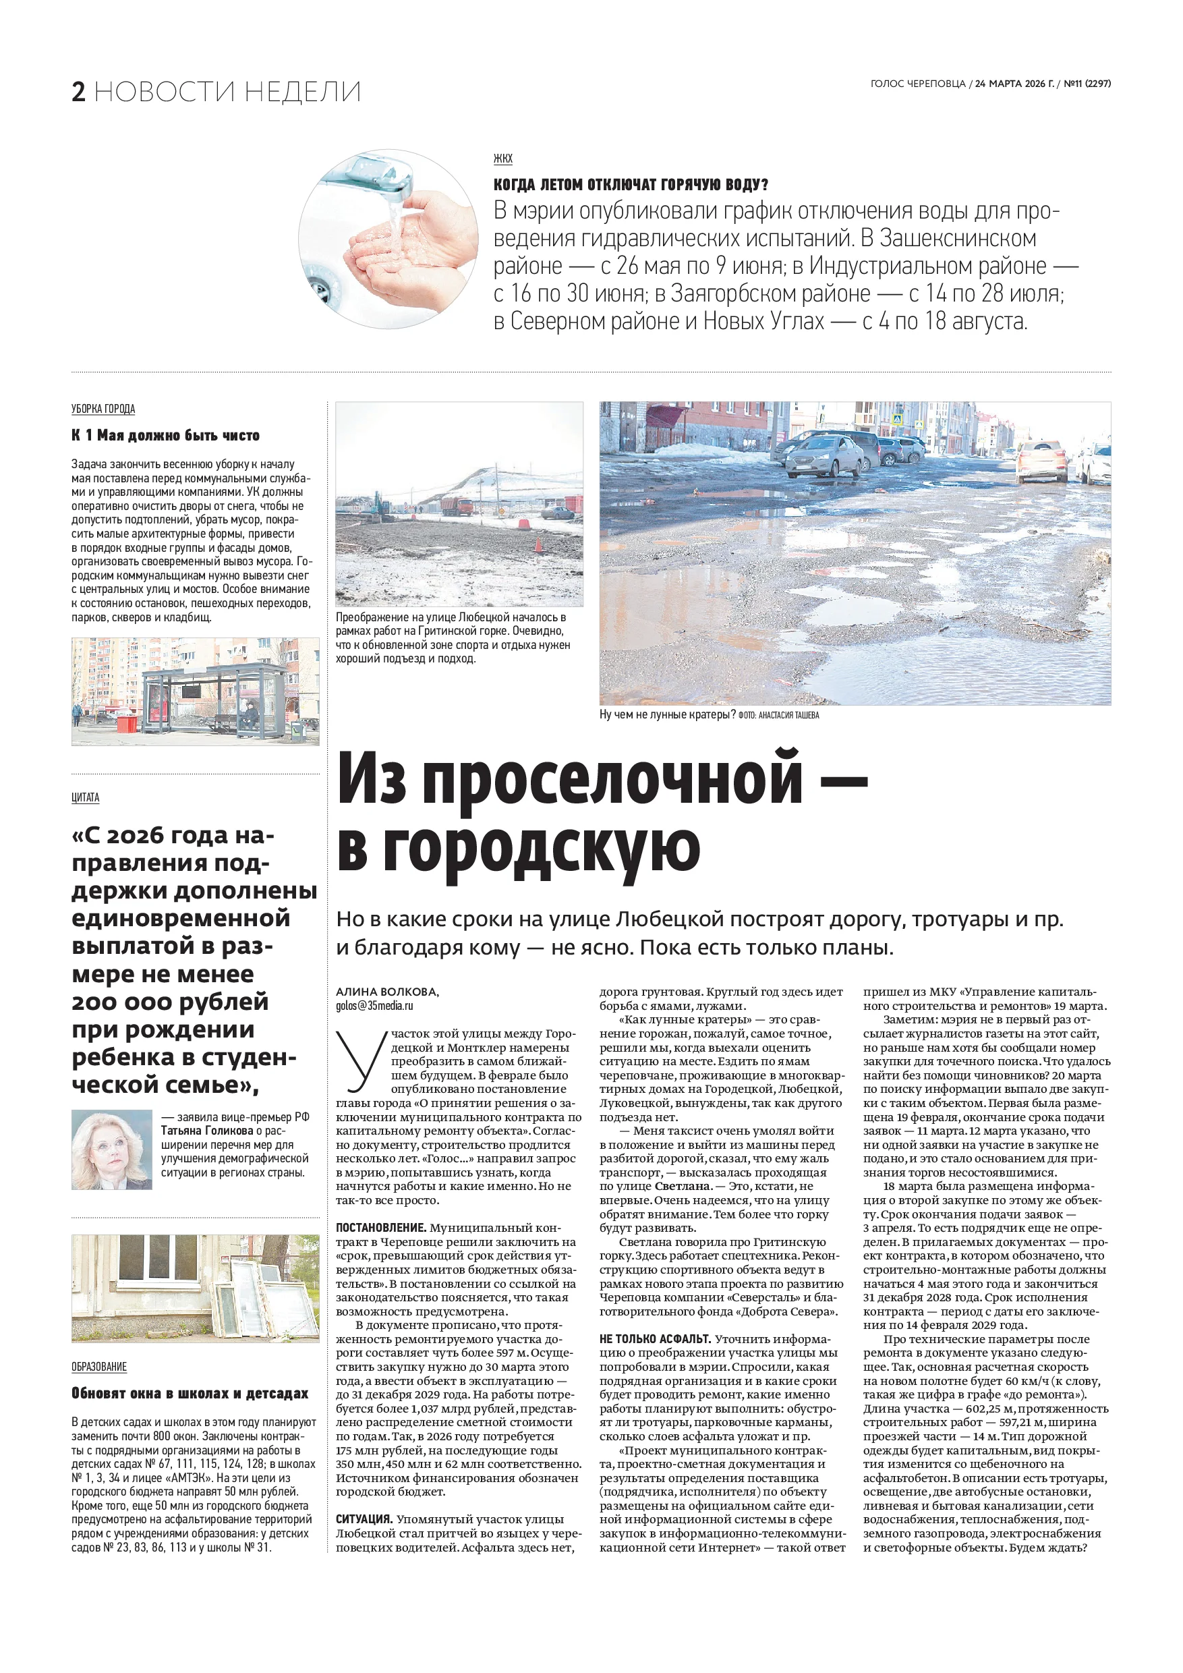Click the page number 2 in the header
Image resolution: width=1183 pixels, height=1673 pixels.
pyautogui.click(x=79, y=92)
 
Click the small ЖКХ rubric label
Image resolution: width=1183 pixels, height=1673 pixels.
pyautogui.click(x=502, y=159)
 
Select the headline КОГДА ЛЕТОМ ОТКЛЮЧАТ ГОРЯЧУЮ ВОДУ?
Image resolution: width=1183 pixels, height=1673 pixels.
pyautogui.click(x=631, y=184)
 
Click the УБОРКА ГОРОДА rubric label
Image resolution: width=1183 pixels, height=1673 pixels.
pyautogui.click(x=103, y=409)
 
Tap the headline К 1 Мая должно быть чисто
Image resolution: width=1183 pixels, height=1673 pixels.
pyautogui.click(x=165, y=436)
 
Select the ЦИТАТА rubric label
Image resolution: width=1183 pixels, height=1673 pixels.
pyautogui.click(x=85, y=798)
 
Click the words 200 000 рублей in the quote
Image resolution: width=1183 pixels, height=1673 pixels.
pyautogui.click(x=171, y=1002)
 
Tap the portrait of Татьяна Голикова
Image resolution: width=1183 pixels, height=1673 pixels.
pyautogui.click(x=111, y=1150)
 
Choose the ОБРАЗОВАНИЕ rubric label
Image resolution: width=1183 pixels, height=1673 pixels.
pyautogui.click(x=99, y=1367)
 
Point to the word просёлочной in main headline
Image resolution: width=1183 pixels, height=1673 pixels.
pyautogui.click(x=611, y=780)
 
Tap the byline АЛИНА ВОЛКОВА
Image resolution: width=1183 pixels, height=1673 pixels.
pyautogui.click(x=386, y=992)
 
